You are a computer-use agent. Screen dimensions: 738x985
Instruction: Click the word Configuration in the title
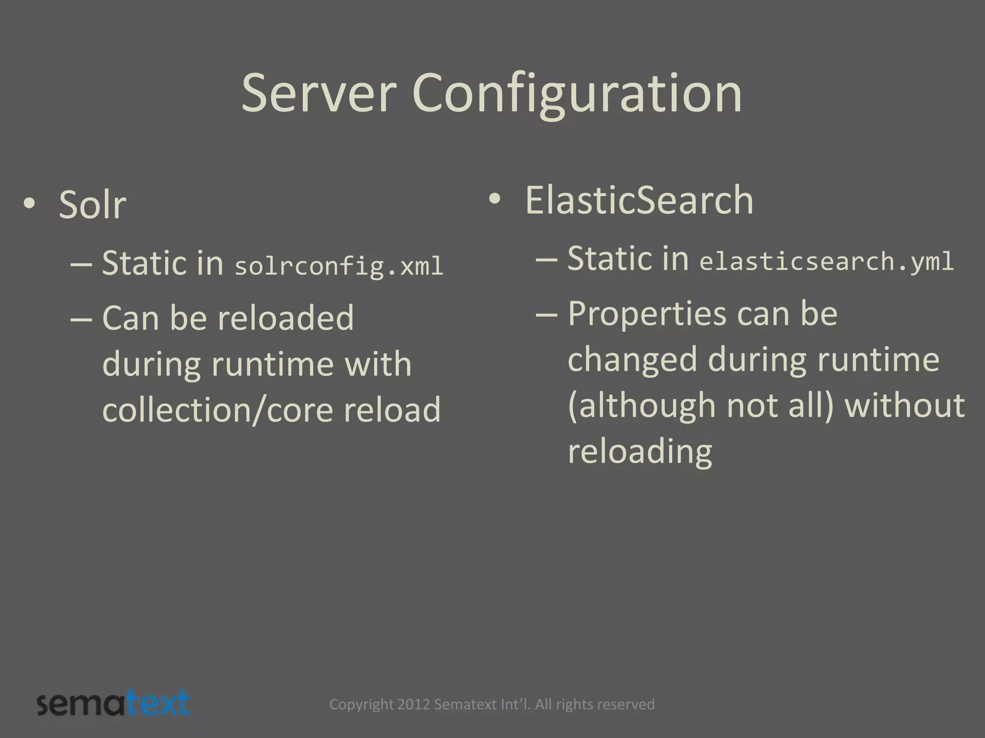click(x=577, y=95)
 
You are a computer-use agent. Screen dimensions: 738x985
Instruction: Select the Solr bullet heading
click(x=92, y=205)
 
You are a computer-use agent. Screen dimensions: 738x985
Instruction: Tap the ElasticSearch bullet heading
click(x=639, y=200)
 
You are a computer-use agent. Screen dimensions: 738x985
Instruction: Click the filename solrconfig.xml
click(x=339, y=266)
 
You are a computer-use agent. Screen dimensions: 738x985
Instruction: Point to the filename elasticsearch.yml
click(x=826, y=262)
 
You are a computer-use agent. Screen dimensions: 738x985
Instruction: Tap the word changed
click(x=632, y=360)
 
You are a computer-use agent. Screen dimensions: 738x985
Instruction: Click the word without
click(x=904, y=405)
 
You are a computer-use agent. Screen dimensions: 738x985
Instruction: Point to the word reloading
click(x=640, y=452)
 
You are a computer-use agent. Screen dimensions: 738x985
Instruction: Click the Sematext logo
click(x=114, y=703)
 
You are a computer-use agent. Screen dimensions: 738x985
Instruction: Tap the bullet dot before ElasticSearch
click(x=494, y=199)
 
